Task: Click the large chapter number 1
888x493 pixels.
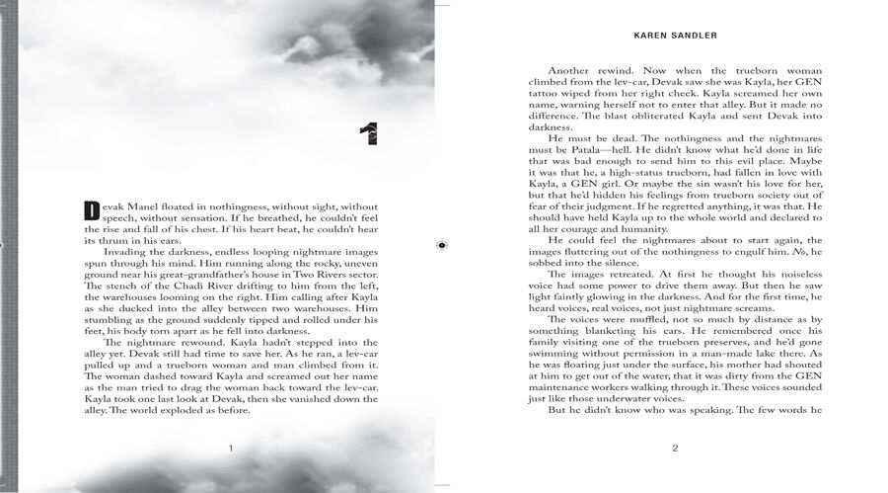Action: (x=370, y=132)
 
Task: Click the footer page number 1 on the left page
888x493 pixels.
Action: (x=231, y=450)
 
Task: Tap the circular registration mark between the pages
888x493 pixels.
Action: (x=441, y=246)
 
